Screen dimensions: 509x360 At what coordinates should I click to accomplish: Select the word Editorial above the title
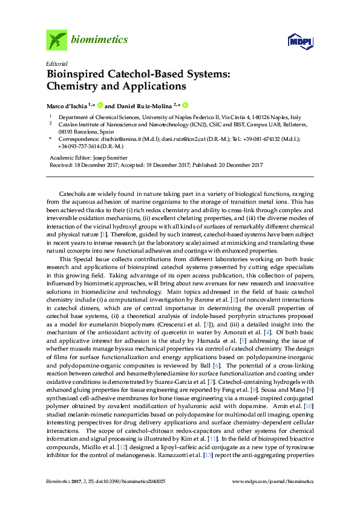pyautogui.click(x=57, y=63)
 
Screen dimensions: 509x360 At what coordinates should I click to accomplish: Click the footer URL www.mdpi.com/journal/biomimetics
pyautogui.click(x=273, y=481)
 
